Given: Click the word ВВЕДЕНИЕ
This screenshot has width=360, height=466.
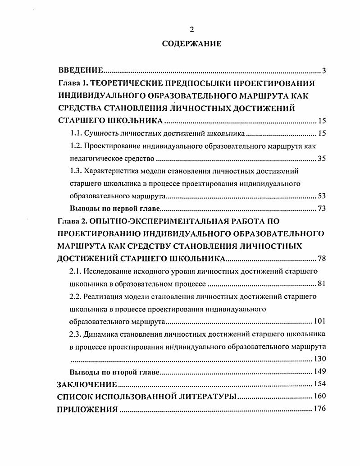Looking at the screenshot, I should pyautogui.click(x=81, y=71).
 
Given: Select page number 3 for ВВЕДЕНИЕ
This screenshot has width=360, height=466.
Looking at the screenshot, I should pyautogui.click(x=324, y=71).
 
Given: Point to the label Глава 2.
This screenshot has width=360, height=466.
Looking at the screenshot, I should pyautogui.click(x=73, y=221).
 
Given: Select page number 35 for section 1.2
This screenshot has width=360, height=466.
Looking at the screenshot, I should pyautogui.click(x=321, y=159).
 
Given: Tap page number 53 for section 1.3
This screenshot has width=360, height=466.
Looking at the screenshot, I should pyautogui.click(x=321, y=196).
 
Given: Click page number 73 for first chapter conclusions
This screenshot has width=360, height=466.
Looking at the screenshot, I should pyautogui.click(x=321, y=209).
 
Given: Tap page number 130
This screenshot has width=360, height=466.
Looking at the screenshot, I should pyautogui.click(x=319, y=359).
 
